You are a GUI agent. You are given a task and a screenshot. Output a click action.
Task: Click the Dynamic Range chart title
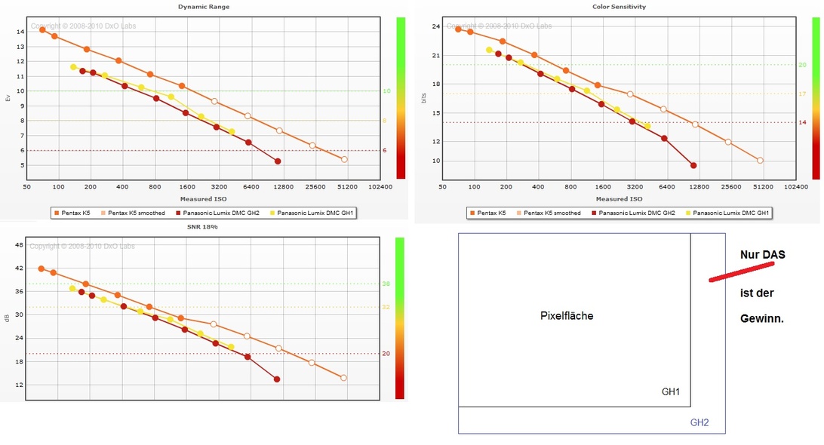pos(204,7)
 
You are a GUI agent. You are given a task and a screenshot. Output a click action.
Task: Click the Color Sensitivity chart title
pos(619,7)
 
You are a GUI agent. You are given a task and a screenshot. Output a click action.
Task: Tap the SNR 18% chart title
pos(204,226)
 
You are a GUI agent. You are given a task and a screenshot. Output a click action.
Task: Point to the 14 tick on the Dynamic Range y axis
pos(20,32)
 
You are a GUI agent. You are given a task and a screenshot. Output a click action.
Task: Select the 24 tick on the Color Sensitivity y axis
pos(435,27)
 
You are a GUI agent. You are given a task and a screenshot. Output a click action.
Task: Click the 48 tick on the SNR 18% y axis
pos(20,245)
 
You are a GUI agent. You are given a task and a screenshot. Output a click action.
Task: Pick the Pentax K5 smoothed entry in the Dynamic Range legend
pos(136,213)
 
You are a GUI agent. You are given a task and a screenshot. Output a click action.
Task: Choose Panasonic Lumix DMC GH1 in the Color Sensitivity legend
pos(730,213)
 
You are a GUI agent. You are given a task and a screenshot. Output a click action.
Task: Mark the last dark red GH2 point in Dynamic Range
pos(278,161)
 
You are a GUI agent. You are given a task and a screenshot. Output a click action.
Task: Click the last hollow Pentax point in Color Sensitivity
pos(760,160)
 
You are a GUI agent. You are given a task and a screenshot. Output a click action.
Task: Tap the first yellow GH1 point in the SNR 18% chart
pos(73,289)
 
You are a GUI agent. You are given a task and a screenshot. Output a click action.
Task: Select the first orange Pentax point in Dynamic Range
pos(42,29)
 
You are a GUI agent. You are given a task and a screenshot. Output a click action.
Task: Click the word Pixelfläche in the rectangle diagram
pos(567,316)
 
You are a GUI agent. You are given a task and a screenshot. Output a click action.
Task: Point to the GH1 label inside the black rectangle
pos(671,392)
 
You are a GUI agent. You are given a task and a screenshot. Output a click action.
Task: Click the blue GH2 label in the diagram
pos(699,423)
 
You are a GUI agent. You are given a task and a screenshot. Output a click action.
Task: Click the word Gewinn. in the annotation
pos(762,319)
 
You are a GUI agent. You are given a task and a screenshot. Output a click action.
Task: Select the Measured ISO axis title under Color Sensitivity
pos(619,199)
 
